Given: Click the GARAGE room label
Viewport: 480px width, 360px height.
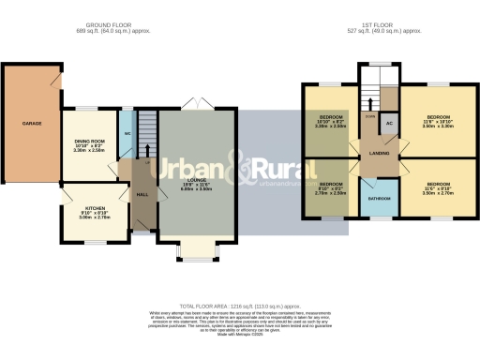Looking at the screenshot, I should [x=20, y=123].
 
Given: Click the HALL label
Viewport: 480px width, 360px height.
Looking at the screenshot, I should [x=142, y=194].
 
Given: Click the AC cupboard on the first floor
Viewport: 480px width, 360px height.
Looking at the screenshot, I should [x=389, y=124].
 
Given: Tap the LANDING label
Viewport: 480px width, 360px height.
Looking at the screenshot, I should [x=379, y=154].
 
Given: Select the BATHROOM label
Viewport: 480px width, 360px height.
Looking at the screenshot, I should [x=379, y=199].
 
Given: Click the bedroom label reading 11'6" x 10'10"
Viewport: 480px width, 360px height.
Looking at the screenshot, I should [x=439, y=120].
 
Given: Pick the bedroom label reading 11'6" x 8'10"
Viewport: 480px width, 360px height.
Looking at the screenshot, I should [x=439, y=187].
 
